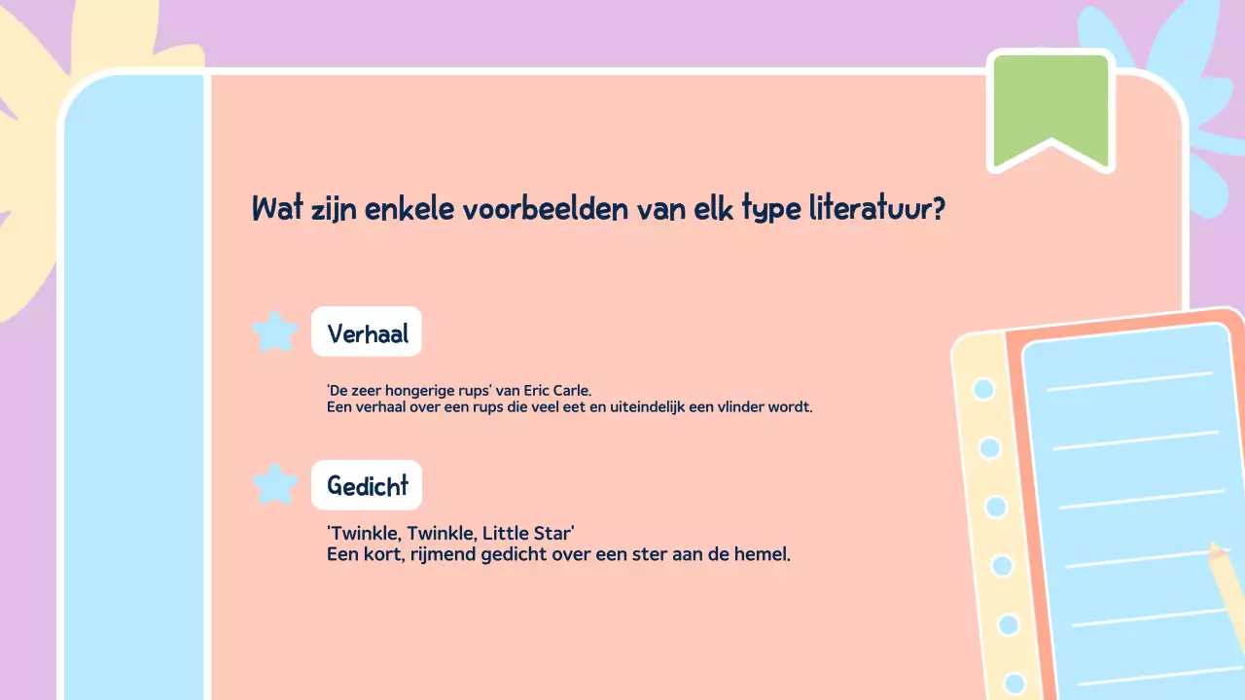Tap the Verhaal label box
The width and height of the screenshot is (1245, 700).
pos(367,332)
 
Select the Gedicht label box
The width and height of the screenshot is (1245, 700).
pos(367,485)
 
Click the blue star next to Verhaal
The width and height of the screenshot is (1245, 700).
pos(275,332)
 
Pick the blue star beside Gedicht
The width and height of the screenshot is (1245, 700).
pos(275,484)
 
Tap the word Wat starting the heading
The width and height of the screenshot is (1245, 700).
pos(273,208)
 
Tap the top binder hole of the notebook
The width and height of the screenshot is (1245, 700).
pos(983,389)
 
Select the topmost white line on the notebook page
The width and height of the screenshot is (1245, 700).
pos(1128,381)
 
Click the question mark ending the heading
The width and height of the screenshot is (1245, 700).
pos(938,208)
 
